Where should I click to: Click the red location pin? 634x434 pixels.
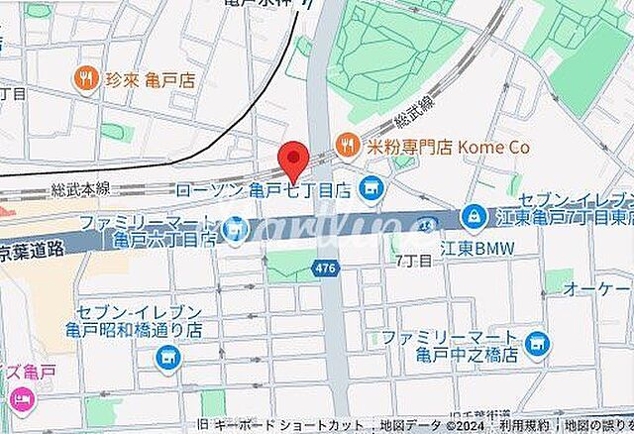[292, 160]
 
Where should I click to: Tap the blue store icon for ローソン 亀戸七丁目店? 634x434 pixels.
[371, 185]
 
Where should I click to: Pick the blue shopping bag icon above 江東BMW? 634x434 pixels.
[473, 214]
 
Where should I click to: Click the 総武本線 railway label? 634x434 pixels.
[81, 187]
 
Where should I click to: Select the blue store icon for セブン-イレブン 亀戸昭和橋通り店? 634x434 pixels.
[166, 358]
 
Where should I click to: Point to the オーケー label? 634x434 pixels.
[597, 288]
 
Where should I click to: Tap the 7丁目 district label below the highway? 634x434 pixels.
[413, 261]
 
